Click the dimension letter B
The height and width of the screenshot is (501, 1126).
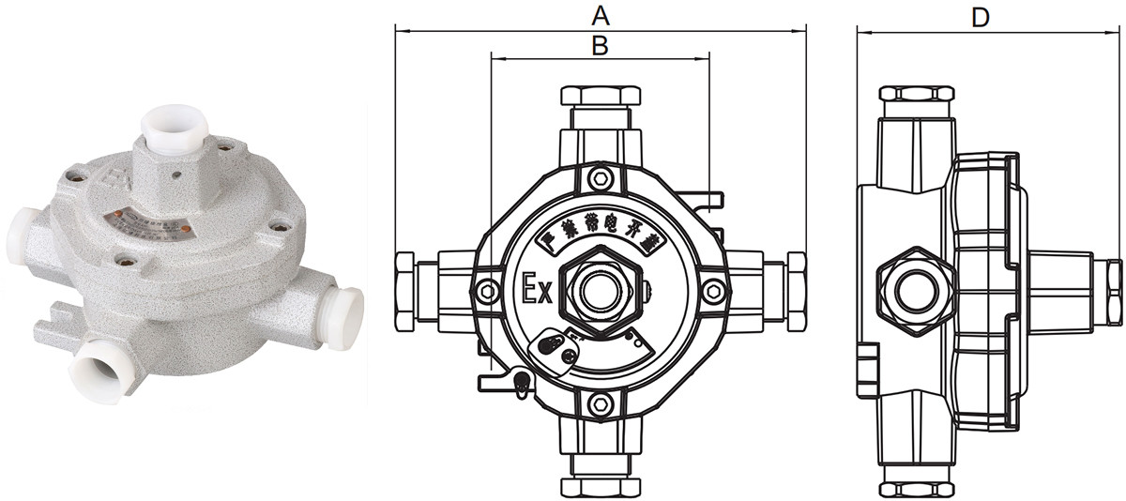[601, 44]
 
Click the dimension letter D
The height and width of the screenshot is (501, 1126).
[980, 16]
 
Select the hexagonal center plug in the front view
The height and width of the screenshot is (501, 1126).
[601, 291]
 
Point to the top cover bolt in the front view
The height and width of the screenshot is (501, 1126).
[600, 175]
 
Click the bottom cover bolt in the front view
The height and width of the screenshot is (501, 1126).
[600, 405]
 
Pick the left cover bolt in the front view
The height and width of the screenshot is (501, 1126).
[486, 292]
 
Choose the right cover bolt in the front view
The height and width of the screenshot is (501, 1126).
[715, 291]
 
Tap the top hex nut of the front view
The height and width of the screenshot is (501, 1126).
[601, 96]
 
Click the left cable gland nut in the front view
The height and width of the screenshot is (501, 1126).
[404, 291]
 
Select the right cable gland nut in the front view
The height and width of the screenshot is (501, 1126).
[797, 291]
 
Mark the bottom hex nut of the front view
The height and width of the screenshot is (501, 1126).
[601, 487]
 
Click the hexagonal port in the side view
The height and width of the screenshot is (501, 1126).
[917, 291]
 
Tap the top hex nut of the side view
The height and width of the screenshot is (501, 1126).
[917, 94]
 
